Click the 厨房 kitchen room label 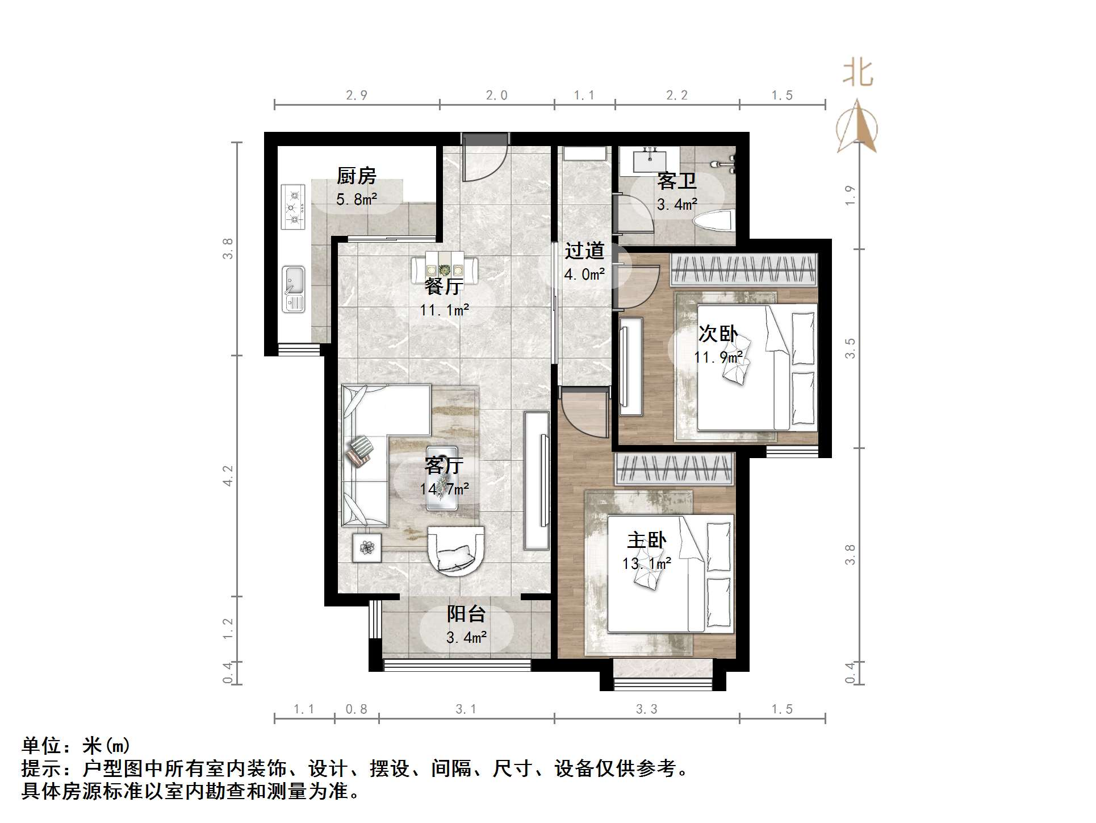point(357,176)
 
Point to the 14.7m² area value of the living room point(445,489)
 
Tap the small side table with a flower point(367,548)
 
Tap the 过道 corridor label point(584,251)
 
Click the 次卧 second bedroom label point(718,334)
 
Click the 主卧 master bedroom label point(647,540)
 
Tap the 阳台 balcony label point(466,614)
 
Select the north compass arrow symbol point(857,128)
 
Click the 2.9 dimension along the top point(357,95)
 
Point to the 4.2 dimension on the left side point(228,476)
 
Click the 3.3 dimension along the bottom point(647,709)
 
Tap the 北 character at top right point(857,74)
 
